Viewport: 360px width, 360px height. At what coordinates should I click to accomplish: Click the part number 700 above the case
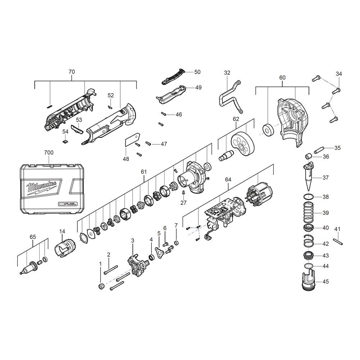(49, 153)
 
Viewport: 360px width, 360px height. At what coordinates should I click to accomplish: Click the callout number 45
(325, 282)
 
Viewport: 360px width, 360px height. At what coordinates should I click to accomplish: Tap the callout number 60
(282, 78)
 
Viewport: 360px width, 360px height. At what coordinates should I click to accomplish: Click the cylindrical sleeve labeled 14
(63, 248)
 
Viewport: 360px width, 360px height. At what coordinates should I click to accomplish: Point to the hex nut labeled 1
(101, 286)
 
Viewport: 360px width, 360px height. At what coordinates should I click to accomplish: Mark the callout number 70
(72, 72)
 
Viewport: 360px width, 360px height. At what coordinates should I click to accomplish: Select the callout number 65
(33, 237)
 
